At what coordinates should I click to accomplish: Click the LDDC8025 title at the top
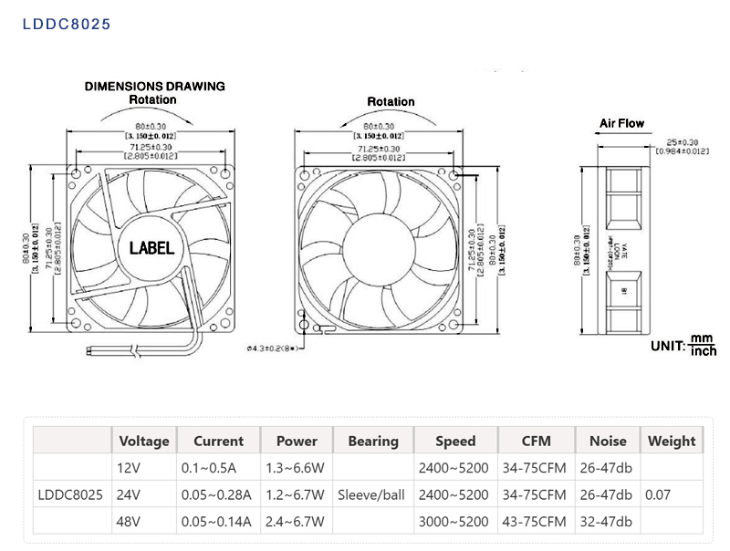pyautogui.click(x=66, y=24)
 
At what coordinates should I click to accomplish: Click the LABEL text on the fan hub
pyautogui.click(x=151, y=247)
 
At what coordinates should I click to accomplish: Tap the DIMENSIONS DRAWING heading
pyautogui.click(x=154, y=87)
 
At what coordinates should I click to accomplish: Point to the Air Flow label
pyautogui.click(x=621, y=123)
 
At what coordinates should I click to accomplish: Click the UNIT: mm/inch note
pyautogui.click(x=683, y=345)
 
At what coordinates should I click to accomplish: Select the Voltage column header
pyautogui.click(x=144, y=441)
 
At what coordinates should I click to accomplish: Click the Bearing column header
pyautogui.click(x=373, y=441)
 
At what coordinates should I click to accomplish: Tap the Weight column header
pyautogui.click(x=671, y=441)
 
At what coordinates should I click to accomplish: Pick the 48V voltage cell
pyautogui.click(x=130, y=522)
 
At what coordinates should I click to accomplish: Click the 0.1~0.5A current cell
pyautogui.click(x=210, y=469)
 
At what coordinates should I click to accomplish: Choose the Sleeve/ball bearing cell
pyautogui.click(x=373, y=495)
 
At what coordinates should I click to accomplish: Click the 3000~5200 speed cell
pyautogui.click(x=454, y=522)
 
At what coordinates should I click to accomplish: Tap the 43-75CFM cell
pyautogui.click(x=536, y=522)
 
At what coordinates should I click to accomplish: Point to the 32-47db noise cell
pyautogui.click(x=607, y=522)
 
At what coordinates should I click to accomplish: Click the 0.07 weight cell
pyautogui.click(x=657, y=495)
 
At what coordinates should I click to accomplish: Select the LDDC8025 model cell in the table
pyautogui.click(x=70, y=495)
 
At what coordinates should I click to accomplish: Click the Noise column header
pyautogui.click(x=608, y=441)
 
